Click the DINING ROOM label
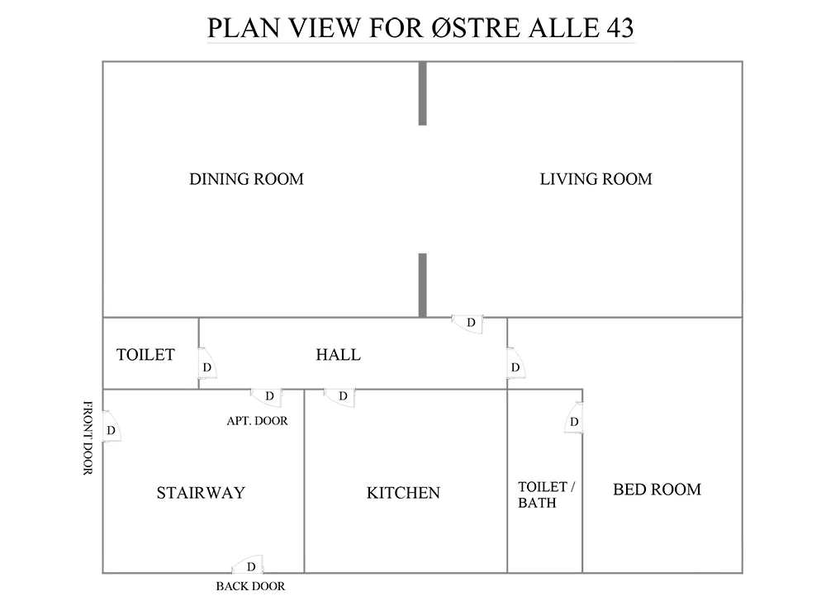[246, 179]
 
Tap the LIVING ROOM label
[596, 179]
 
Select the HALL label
[338, 354]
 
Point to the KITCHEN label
[403, 493]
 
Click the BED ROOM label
[657, 490]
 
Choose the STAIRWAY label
[201, 493]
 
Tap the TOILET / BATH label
[546, 494]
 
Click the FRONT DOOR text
[88, 438]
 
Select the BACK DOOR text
[250, 586]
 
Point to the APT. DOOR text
[257, 421]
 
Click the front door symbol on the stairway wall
[112, 427]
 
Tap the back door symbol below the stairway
[248, 565]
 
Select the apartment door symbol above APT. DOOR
[266, 398]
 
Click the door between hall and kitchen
[339, 398]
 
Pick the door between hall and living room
[468, 324]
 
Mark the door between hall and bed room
[516, 362]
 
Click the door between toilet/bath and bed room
[574, 418]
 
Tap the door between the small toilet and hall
[207, 362]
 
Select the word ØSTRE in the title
[476, 28]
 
